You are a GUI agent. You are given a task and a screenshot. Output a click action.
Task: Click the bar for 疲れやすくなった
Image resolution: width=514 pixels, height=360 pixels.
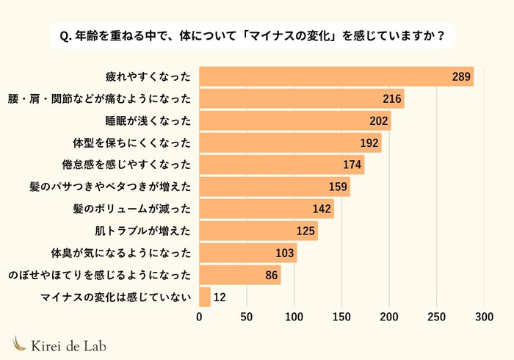tap(336, 76)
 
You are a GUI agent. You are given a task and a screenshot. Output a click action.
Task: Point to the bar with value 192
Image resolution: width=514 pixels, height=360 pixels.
tap(290, 143)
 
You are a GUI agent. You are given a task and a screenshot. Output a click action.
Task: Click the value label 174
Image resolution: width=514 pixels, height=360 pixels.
tap(352, 165)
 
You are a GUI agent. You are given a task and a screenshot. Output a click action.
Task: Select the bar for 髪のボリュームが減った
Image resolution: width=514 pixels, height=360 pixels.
tap(267, 209)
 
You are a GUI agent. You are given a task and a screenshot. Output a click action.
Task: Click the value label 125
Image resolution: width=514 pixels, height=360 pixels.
tap(306, 231)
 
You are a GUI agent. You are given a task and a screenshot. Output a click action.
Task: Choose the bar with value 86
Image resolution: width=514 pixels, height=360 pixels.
tap(240, 275)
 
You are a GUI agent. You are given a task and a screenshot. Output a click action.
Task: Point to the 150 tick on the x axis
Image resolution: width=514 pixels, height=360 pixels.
tap(342, 317)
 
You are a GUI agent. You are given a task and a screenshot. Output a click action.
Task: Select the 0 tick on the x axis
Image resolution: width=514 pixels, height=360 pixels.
tap(200, 317)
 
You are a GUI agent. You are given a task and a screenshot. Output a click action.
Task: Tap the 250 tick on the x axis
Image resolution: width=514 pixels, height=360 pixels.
tap(437, 317)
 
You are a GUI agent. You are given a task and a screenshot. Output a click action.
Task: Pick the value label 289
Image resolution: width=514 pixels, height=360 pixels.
tap(460, 76)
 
